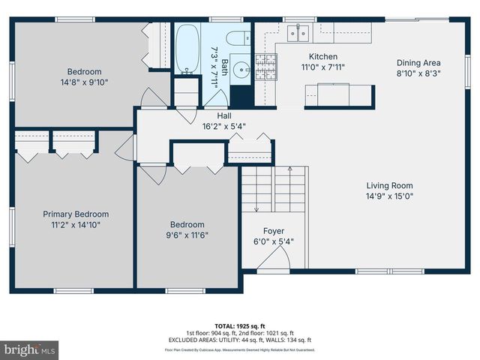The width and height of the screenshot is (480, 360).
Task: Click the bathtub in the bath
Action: pyautogui.click(x=187, y=48)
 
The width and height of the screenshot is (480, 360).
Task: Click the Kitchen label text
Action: pyautogui.click(x=323, y=56)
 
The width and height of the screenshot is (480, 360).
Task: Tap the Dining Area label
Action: pyautogui.click(x=418, y=63)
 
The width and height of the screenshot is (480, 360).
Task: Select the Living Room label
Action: pyautogui.click(x=389, y=185)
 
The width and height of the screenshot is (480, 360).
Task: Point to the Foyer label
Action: pyautogui.click(x=273, y=231)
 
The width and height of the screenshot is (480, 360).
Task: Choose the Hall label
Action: pyautogui.click(x=224, y=115)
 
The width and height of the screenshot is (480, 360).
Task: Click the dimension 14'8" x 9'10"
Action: pyautogui.click(x=84, y=82)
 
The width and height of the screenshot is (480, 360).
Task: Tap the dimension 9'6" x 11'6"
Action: pyautogui.click(x=187, y=235)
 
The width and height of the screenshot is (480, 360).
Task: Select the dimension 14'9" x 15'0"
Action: pyautogui.click(x=389, y=196)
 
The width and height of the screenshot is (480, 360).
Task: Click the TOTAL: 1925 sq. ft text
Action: pyautogui.click(x=240, y=327)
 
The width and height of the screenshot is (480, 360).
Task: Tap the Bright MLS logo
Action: pyautogui.click(x=29, y=349)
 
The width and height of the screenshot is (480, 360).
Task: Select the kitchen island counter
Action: pyautogui.click(x=338, y=94)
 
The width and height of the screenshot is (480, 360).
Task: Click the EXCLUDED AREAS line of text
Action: pyautogui.click(x=240, y=341)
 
